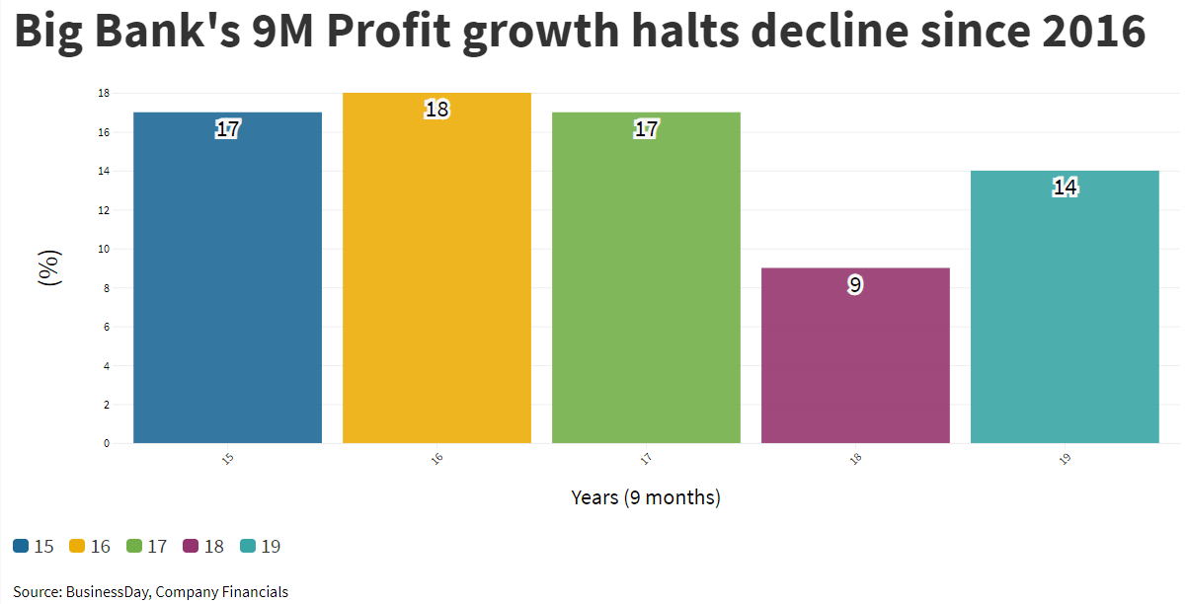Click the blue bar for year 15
(227, 286)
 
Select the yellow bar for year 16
(436, 276)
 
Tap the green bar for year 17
(646, 286)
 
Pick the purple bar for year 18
(855, 365)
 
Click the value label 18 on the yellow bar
(436, 110)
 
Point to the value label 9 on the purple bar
(855, 285)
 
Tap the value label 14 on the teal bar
(1065, 188)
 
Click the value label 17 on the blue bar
(227, 129)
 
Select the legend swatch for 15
(21, 546)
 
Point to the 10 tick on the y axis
(104, 249)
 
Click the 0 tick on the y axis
(106, 443)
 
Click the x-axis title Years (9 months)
(646, 497)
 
